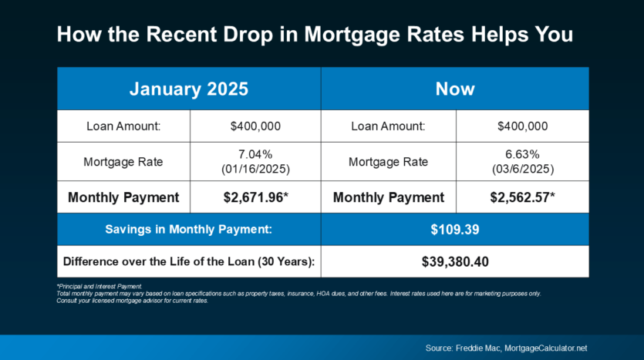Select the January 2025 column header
(189, 89)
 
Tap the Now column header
(455, 89)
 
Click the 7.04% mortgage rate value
(255, 154)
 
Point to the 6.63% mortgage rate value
(522, 154)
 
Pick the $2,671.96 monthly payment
(256, 197)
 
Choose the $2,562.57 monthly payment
(522, 197)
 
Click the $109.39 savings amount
(455, 230)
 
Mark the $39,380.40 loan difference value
(455, 262)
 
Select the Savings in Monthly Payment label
(188, 230)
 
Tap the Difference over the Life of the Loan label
(189, 262)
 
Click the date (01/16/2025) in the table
(255, 169)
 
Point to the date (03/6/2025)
(523, 169)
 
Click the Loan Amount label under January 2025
(123, 126)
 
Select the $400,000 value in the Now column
(522, 126)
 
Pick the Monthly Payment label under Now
(389, 197)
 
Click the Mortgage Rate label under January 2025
(123, 162)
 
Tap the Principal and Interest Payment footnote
(99, 287)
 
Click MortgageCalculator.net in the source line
(546, 348)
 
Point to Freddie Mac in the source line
(478, 348)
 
